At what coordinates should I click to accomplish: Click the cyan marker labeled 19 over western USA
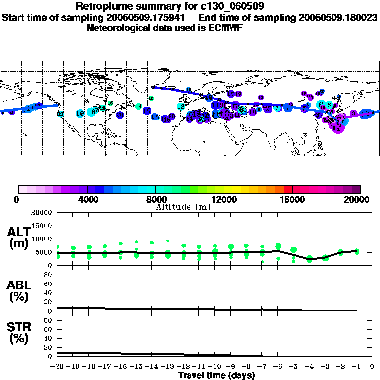tap(80, 113)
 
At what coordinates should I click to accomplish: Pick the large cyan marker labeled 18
tap(91, 112)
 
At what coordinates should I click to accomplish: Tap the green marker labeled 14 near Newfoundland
tap(139, 106)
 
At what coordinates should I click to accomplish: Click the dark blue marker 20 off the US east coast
tap(120, 114)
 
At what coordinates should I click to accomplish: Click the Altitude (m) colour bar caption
tap(183, 207)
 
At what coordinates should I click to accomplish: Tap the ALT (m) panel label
tap(19, 237)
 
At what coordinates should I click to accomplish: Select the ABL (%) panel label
tap(19, 292)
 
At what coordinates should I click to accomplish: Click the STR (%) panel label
tap(19, 333)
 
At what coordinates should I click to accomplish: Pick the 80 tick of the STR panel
tap(49, 320)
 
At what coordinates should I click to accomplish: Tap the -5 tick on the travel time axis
tap(294, 367)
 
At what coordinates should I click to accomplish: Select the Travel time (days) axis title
tap(216, 376)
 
